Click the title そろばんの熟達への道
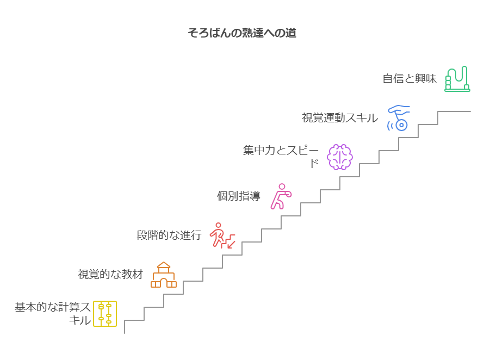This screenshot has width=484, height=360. [242, 33]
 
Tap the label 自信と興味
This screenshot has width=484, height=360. [409, 78]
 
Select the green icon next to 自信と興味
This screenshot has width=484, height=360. [457, 79]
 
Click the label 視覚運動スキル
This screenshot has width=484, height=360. [340, 117]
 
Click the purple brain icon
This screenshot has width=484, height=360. [340, 157]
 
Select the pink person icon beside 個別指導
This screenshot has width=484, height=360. [281, 196]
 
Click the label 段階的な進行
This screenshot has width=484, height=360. [169, 235]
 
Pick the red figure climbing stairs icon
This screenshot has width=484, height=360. [222, 235]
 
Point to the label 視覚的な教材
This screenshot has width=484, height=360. [110, 275]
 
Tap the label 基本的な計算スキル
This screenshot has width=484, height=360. [53, 314]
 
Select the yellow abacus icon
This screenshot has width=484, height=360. [105, 314]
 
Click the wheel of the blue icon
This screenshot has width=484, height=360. [401, 125]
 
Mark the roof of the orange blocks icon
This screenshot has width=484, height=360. [164, 265]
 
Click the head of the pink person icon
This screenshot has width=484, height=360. [281, 186]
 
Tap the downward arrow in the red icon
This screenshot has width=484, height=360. [231, 244]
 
